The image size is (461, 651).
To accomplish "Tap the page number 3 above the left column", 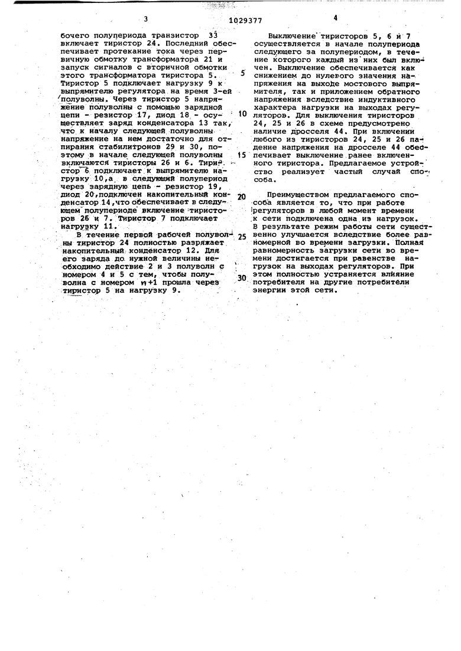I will [144, 19].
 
